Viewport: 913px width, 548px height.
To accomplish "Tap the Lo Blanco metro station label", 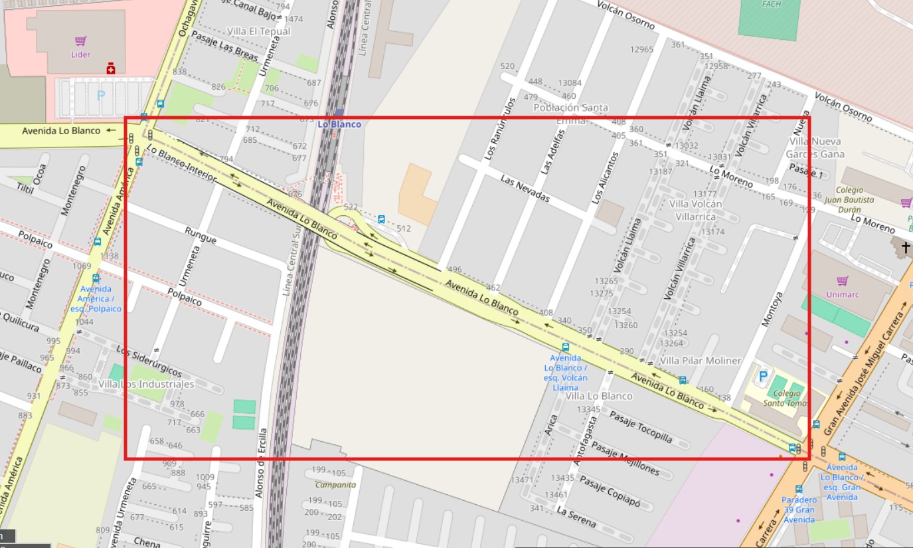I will pyautogui.click(x=339, y=124).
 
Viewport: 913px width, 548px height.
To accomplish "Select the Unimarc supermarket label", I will pyautogui.click(x=843, y=294).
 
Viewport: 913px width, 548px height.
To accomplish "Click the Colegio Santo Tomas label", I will pyautogui.click(x=786, y=398).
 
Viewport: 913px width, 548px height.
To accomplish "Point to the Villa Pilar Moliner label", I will pyautogui.click(x=701, y=361).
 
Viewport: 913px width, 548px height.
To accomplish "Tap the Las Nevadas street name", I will pyautogui.click(x=525, y=189).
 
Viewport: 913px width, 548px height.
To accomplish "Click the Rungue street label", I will pyautogui.click(x=201, y=234).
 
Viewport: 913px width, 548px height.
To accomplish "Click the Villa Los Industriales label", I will pyautogui.click(x=146, y=384).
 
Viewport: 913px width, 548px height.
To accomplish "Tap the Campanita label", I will pyautogui.click(x=335, y=484).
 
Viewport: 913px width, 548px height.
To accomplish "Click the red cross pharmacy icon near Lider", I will pyautogui.click(x=111, y=68).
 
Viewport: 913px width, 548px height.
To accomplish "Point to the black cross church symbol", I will pyautogui.click(x=906, y=248).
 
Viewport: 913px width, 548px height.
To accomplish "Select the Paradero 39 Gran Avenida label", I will pyautogui.click(x=798, y=509).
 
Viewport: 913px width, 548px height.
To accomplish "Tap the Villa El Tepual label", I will pyautogui.click(x=258, y=31).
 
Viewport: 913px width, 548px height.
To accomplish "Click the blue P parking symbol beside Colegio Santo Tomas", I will pyautogui.click(x=763, y=377).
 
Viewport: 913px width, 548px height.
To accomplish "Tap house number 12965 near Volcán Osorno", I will pyautogui.click(x=642, y=49).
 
